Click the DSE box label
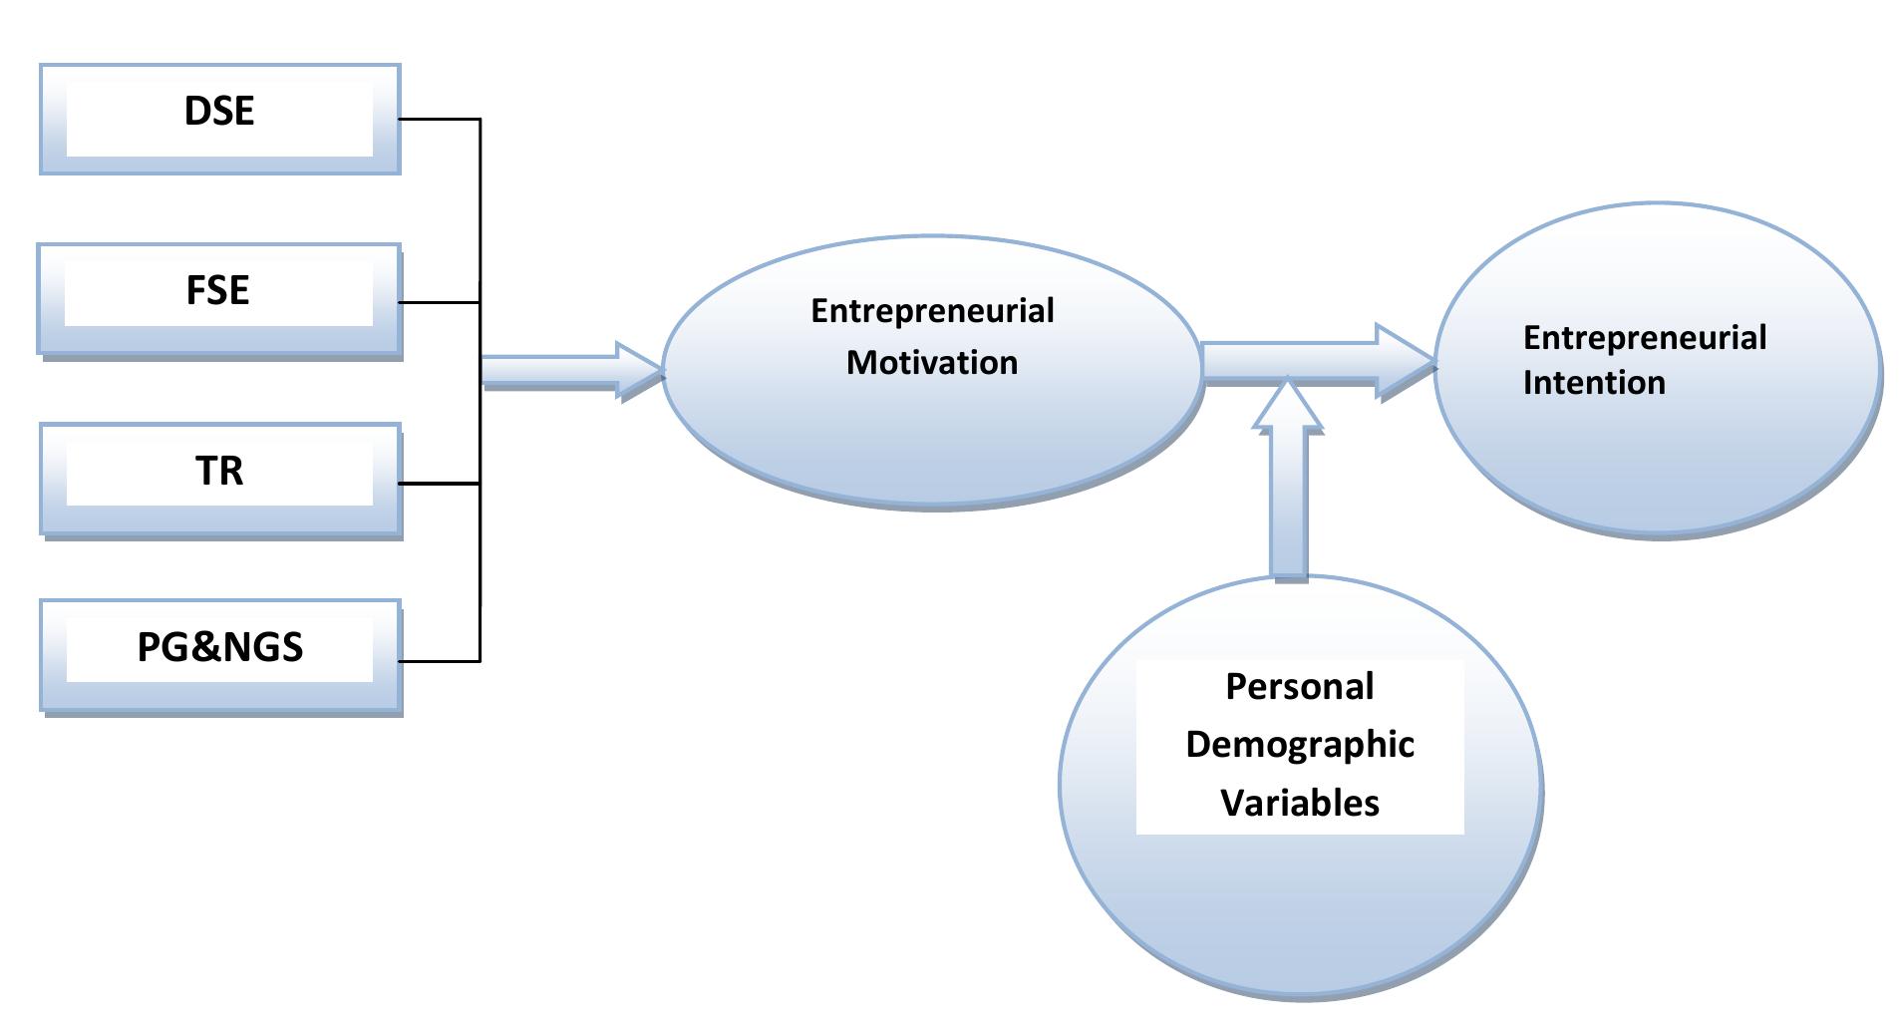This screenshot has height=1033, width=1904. [219, 111]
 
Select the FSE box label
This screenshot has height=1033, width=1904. [217, 290]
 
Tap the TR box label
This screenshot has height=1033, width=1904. [219, 471]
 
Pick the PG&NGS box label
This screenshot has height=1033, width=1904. [219, 647]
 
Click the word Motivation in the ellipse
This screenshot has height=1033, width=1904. [932, 362]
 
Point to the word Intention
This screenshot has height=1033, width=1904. [1593, 383]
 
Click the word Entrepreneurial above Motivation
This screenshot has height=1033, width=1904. [932, 311]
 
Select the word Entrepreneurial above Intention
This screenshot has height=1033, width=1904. [1644, 337]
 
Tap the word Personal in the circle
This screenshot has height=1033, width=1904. [1299, 686]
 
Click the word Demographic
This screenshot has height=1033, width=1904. [1299, 745]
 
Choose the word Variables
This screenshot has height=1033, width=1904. [1299, 803]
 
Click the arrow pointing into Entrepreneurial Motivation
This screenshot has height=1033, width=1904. [568, 371]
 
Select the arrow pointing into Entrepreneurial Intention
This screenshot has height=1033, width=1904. [1316, 363]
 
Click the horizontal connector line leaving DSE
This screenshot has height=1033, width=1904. [440, 120]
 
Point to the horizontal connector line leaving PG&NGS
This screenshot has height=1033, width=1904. [440, 660]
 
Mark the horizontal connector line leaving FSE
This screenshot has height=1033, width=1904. [440, 302]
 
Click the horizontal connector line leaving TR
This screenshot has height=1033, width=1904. [440, 484]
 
